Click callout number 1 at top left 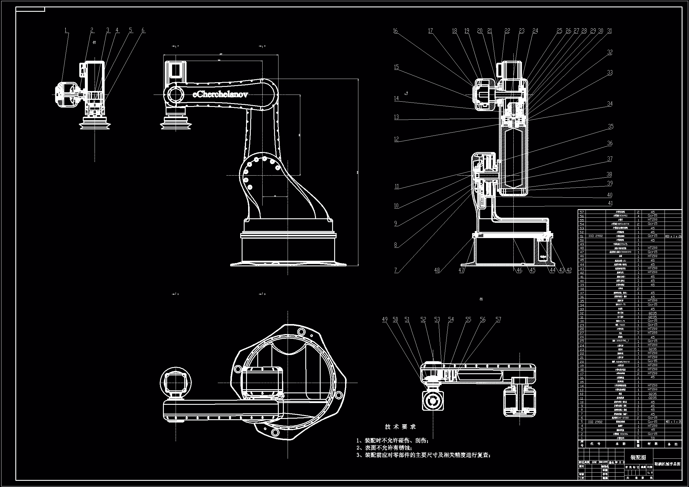click(x=66, y=30)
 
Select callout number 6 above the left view click(x=143, y=30)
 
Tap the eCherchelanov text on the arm click(x=220, y=94)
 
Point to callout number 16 click(x=395, y=31)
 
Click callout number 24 click(x=535, y=31)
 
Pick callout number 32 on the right click(x=609, y=52)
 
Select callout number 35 click(x=611, y=127)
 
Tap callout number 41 click(x=610, y=204)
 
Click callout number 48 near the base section click(x=437, y=270)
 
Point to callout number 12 click(x=396, y=139)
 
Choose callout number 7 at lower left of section click(x=395, y=270)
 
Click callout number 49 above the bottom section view click(x=385, y=320)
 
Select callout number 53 click(x=437, y=320)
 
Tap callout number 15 click(x=396, y=67)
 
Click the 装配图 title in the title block click(x=638, y=458)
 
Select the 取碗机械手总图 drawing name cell click(x=667, y=464)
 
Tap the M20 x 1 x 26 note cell click(x=673, y=236)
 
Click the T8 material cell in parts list click(x=652, y=438)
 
